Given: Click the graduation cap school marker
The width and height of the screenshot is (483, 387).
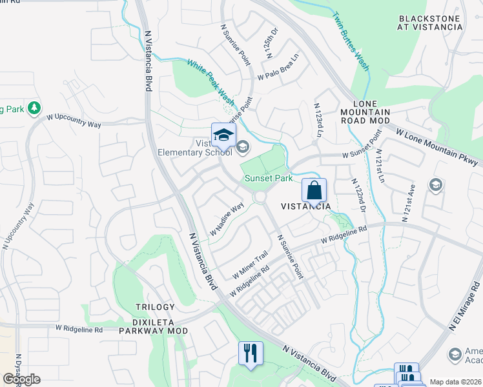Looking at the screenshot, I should pos(223,135).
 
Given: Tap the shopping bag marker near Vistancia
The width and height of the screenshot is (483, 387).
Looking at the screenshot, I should pos(314,191).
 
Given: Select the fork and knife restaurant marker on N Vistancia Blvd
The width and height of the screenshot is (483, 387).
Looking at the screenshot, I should pos(250,353).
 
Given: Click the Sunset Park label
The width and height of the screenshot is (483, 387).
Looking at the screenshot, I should pos(268,179).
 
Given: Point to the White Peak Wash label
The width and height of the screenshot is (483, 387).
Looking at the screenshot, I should pos(211,82).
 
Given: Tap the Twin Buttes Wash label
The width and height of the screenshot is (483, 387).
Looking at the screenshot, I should pos(350,40).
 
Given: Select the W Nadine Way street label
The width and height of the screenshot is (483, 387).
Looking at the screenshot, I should pos(226,219).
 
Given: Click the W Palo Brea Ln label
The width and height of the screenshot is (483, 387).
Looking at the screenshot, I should pos(280,66).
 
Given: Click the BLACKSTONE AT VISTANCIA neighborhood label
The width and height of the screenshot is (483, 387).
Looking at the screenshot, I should pos(431,23).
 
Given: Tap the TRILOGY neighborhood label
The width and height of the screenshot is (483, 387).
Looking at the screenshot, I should pos(155,307).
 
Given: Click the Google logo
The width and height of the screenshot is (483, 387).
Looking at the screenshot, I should pos(21,379).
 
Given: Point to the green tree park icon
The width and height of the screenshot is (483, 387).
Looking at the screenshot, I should pos(34,108).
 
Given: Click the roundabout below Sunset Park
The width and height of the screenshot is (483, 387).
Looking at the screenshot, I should pos(260,197).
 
